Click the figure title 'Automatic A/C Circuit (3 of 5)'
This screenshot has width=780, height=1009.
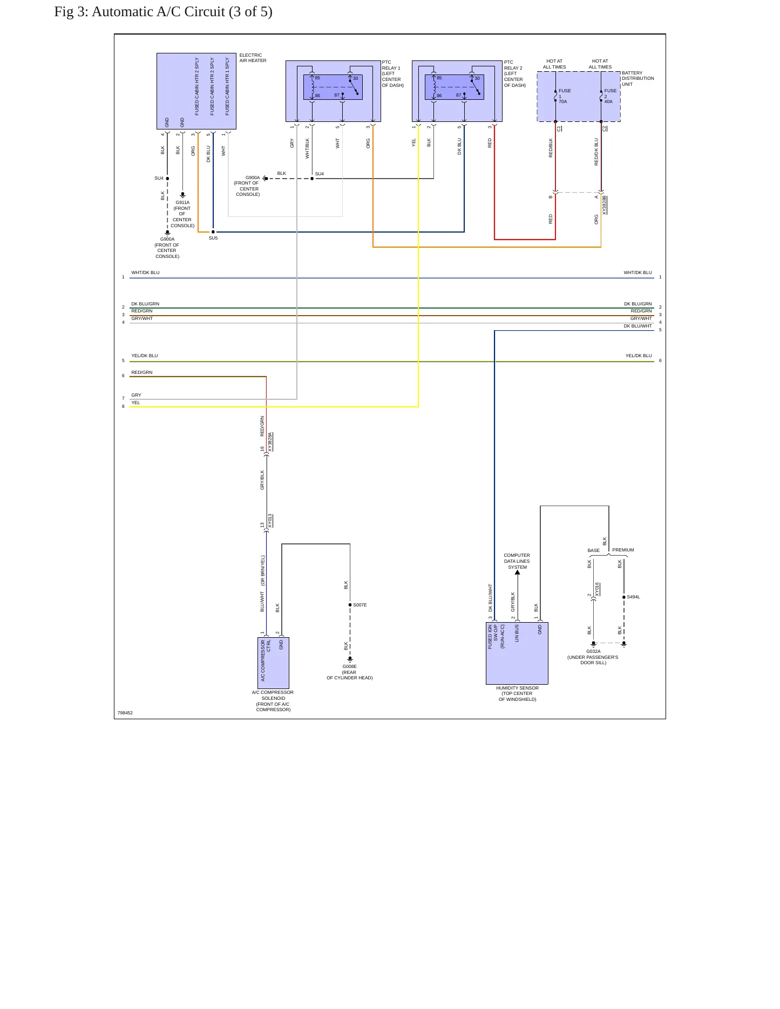(x=182, y=12)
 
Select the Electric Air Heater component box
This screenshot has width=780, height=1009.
(x=196, y=91)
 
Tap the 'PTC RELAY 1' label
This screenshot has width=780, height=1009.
(x=391, y=65)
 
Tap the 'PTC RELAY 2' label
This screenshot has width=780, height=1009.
(x=513, y=65)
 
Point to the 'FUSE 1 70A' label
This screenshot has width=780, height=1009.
(x=564, y=96)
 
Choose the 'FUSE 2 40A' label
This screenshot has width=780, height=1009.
(x=610, y=96)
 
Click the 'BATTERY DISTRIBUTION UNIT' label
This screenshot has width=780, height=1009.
(x=637, y=78)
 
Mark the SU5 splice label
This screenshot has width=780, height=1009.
(x=213, y=238)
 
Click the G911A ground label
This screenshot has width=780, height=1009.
(x=182, y=202)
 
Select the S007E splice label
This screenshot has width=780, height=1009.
(x=360, y=605)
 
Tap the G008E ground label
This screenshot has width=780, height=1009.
(x=349, y=666)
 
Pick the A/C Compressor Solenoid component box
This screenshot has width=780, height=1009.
(x=273, y=663)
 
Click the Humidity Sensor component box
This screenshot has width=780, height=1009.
(x=517, y=653)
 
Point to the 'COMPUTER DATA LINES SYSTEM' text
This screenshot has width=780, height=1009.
(x=517, y=561)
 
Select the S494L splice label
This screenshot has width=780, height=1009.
(x=633, y=597)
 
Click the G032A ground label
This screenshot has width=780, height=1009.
(x=593, y=651)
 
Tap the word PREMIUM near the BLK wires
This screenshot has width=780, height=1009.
(x=623, y=550)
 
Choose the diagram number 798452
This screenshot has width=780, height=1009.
(x=125, y=713)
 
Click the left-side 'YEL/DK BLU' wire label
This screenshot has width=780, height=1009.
(x=145, y=356)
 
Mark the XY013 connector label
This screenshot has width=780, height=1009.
(x=270, y=521)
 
